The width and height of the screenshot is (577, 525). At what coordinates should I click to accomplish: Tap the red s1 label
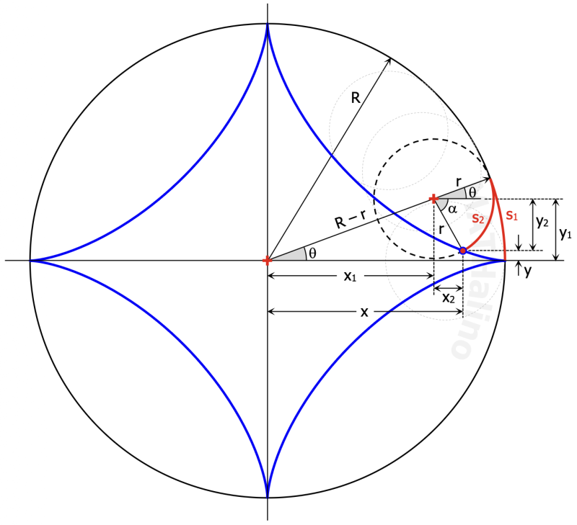tap(511, 215)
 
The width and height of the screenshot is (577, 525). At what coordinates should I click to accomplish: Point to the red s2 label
tap(477, 219)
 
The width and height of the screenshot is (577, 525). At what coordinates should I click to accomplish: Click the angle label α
tap(452, 209)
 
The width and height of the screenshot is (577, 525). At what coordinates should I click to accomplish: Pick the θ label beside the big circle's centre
tap(312, 252)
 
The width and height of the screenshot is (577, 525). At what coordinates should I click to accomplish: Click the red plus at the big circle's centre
tap(268, 260)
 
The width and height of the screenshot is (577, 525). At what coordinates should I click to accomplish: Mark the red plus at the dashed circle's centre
tap(433, 199)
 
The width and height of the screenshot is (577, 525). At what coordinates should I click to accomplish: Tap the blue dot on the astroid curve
tap(463, 251)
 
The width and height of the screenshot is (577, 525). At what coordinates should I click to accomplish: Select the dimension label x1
tap(350, 277)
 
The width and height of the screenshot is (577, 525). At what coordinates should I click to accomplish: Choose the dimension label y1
tap(565, 233)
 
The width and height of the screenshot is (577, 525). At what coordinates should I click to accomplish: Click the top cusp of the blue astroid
tap(268, 24)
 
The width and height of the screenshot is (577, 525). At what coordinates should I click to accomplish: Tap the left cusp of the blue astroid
tap(30, 260)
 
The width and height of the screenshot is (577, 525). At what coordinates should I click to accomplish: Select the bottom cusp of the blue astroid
tap(268, 496)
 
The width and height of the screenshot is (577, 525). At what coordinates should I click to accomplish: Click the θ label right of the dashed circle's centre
tap(472, 192)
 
